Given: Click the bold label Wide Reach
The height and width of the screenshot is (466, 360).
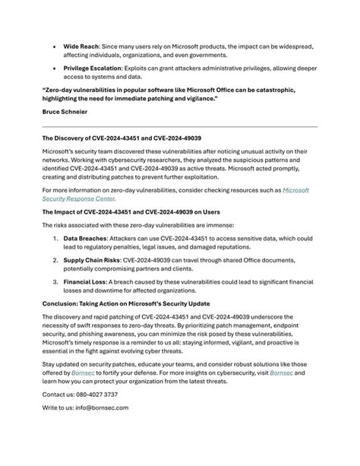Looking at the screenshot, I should click(81, 46).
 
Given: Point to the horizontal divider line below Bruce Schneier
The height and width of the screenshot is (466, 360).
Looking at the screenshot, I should click(179, 127).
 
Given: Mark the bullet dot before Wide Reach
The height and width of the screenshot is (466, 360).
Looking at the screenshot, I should click(55, 46).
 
